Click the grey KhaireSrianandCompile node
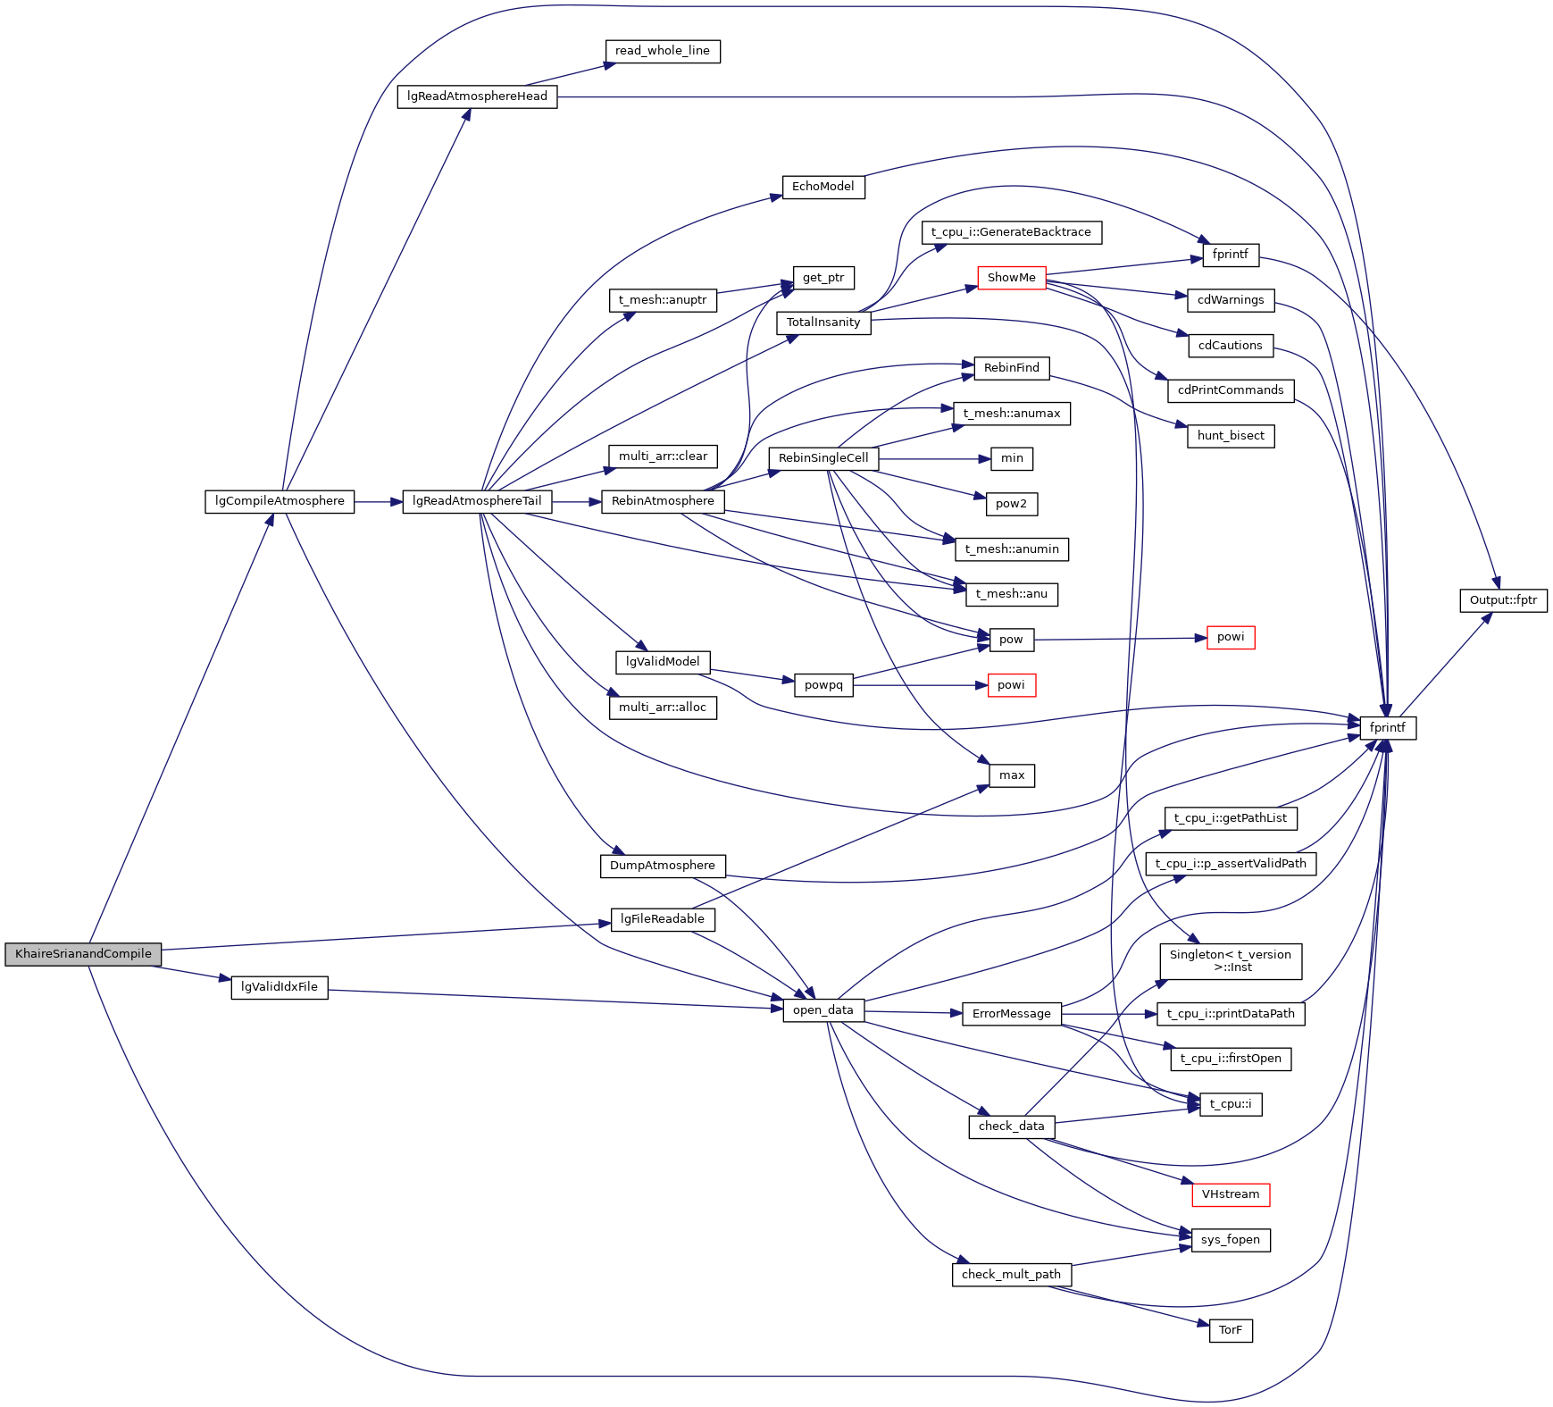pyautogui.click(x=83, y=954)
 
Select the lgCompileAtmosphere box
pyautogui.click(x=280, y=501)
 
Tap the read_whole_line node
pyautogui.click(x=662, y=51)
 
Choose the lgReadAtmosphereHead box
pyautogui.click(x=477, y=96)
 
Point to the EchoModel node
pyautogui.click(x=822, y=187)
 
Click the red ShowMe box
pyautogui.click(x=1011, y=278)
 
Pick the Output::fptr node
pyautogui.click(x=1503, y=600)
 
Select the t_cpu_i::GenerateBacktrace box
pyautogui.click(x=1011, y=232)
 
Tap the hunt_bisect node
pyautogui.click(x=1230, y=436)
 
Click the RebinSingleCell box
pyautogui.click(x=822, y=458)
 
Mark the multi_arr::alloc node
pyautogui.click(x=662, y=708)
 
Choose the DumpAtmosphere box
pyautogui.click(x=662, y=866)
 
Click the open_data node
pyautogui.click(x=822, y=1010)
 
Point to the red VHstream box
pyautogui.click(x=1230, y=1194)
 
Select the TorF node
pyautogui.click(x=1230, y=1330)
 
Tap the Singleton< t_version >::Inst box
pyautogui.click(x=1230, y=961)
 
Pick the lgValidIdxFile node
pyautogui.click(x=280, y=987)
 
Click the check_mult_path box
pyautogui.click(x=1011, y=1275)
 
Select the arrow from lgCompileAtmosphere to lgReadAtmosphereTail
pyautogui.click(x=378, y=502)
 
